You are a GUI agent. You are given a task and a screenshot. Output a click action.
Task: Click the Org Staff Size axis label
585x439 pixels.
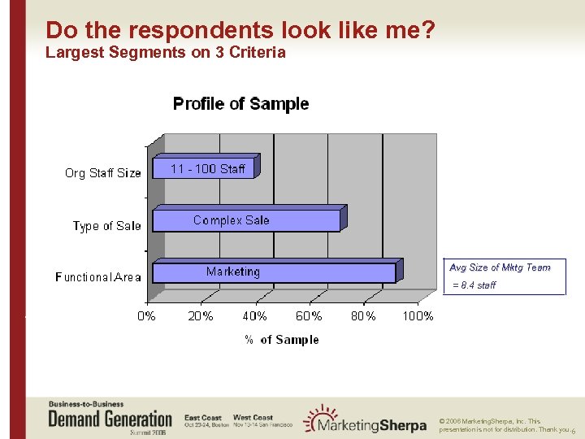[x=103, y=173]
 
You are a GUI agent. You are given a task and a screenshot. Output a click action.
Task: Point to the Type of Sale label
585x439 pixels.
[x=106, y=226]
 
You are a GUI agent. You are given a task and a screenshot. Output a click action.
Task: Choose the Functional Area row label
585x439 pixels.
[x=98, y=277]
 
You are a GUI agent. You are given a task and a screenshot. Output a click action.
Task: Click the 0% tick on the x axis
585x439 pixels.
[x=147, y=316]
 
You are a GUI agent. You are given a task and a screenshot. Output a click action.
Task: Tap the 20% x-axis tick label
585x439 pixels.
[x=201, y=316]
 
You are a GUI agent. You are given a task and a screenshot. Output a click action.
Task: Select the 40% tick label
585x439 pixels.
[x=255, y=316]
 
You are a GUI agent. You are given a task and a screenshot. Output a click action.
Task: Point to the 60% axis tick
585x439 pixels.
[x=309, y=316]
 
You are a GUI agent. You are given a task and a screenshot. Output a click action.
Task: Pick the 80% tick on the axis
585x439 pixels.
[x=363, y=316]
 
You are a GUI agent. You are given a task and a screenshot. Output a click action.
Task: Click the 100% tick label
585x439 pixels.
[x=418, y=316]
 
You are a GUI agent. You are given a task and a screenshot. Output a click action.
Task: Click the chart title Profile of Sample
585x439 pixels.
[x=240, y=104]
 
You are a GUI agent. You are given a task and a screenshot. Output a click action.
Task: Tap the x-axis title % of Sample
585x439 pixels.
[x=282, y=340]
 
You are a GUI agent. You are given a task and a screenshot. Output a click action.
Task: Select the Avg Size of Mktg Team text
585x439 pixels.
[x=500, y=267]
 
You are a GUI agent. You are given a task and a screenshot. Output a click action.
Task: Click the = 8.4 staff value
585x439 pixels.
[x=474, y=285]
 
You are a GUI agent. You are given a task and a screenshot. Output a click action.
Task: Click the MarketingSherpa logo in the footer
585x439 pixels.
[x=363, y=420]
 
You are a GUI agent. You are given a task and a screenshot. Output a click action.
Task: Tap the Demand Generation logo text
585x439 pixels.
[x=110, y=419]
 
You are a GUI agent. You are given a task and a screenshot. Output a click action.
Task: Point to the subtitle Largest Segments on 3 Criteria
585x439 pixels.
[x=166, y=53]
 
